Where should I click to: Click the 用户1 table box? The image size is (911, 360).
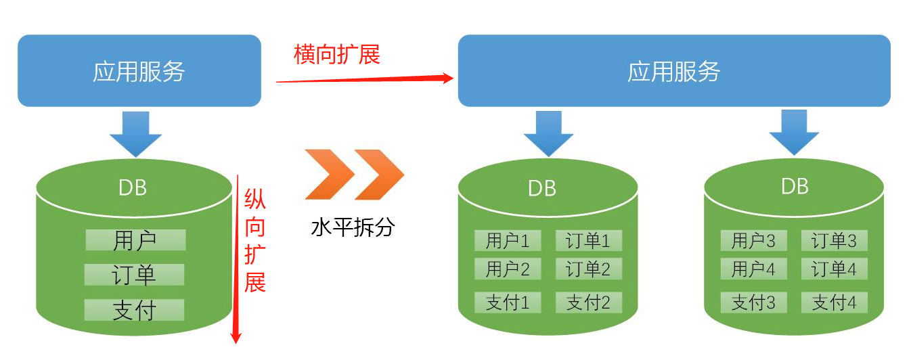point(508,240)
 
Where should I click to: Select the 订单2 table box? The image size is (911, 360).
point(588,269)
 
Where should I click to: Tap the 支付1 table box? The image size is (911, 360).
point(508,302)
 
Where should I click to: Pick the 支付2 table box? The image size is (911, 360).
point(588,302)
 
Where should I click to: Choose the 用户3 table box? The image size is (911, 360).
point(753,240)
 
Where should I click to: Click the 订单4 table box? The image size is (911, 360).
point(834,269)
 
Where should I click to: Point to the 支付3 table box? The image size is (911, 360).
point(753,302)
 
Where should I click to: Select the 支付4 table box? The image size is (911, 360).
point(834,302)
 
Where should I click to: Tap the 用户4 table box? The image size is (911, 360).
point(753,269)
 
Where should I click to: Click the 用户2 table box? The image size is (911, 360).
point(508,269)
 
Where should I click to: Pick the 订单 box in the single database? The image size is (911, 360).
point(134,275)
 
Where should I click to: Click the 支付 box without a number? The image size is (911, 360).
point(134,310)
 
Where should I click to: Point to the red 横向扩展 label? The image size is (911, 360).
point(337,54)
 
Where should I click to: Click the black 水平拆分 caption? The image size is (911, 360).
point(352,227)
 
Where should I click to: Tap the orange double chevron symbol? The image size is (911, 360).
point(354,175)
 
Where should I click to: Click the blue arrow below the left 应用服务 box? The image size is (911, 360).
point(135,133)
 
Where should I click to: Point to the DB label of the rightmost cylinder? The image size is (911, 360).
point(795,186)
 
